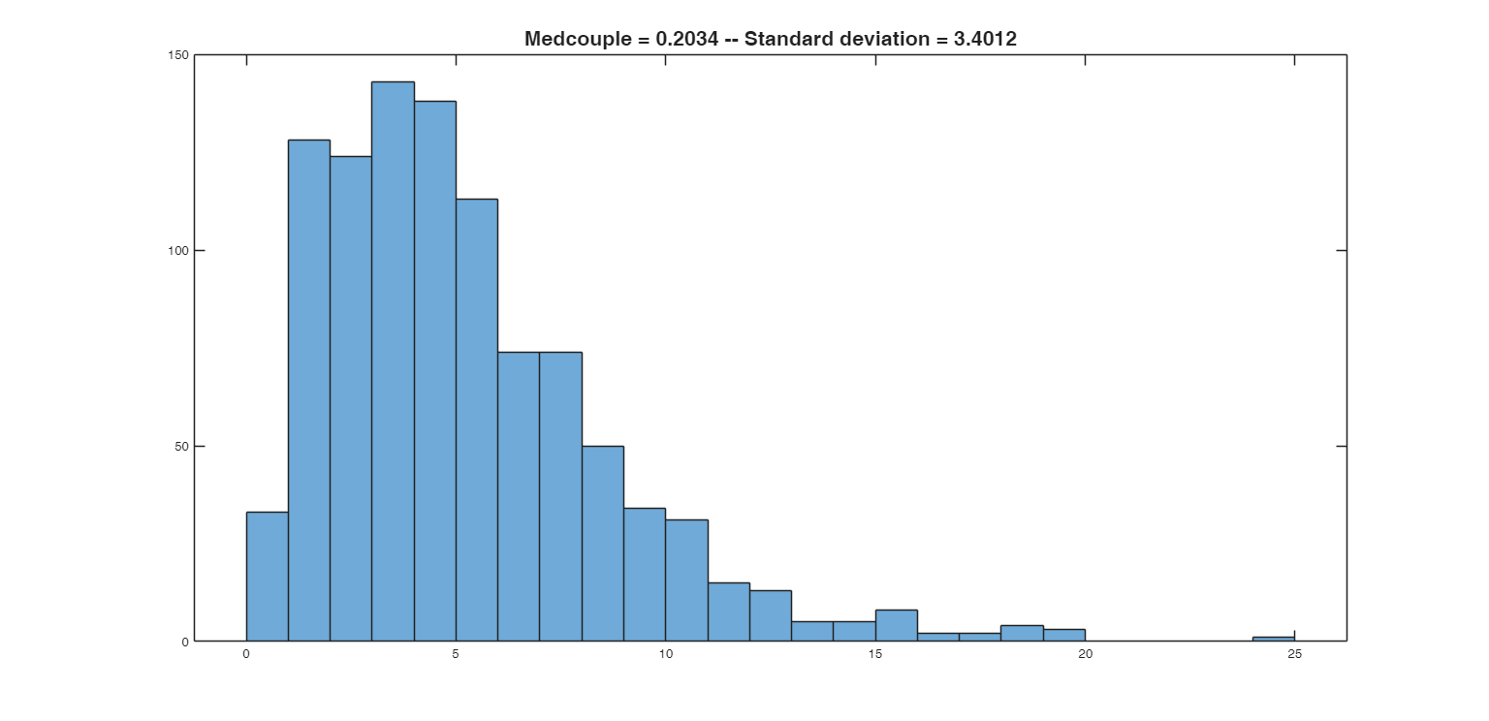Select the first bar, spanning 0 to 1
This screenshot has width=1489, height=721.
[267, 577]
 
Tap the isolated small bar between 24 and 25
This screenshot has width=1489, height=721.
[1273, 639]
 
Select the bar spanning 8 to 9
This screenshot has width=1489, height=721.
[603, 543]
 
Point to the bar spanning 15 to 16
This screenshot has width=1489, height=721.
[896, 625]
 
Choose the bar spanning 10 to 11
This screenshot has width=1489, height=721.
[686, 580]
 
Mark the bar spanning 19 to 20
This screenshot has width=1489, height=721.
[1063, 635]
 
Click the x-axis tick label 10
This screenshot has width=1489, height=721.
[665, 654]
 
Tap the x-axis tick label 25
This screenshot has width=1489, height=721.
[1294, 654]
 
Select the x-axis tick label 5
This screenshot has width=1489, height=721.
[456, 654]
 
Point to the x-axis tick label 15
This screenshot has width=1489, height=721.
[875, 654]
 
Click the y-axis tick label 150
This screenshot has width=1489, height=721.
[177, 55]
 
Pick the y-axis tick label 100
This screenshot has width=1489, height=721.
[177, 250]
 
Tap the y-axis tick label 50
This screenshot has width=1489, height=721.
[180, 446]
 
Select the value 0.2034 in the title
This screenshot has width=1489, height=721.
[683, 39]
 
